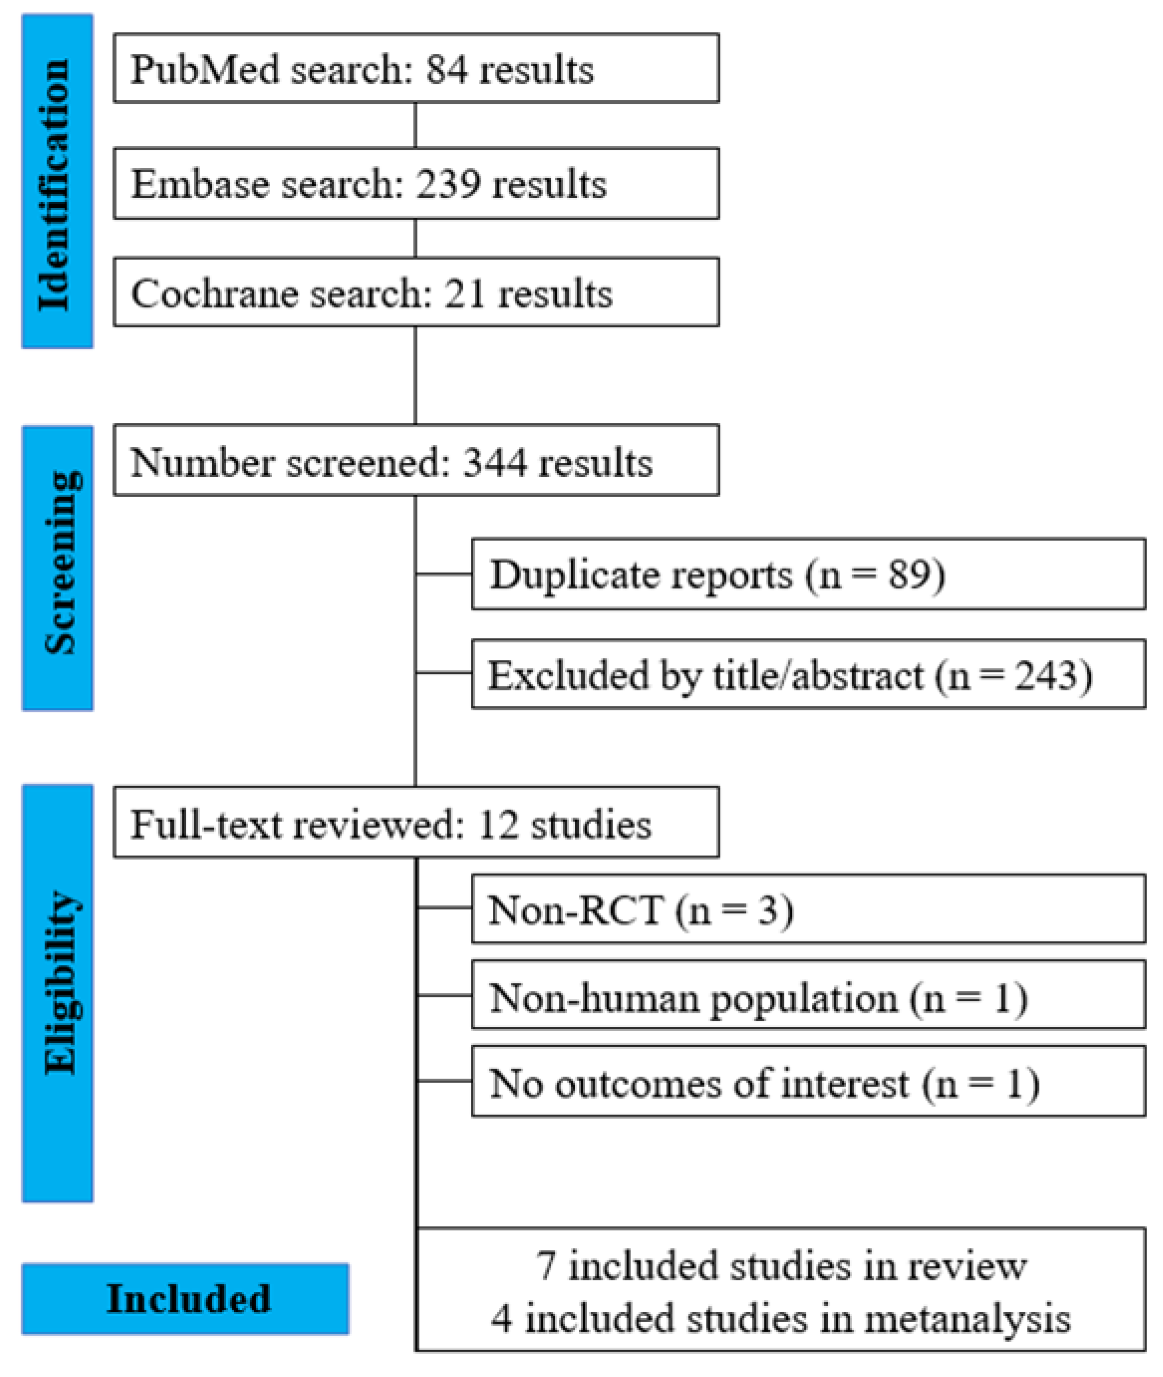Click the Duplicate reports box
[808, 574]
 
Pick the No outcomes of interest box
[808, 1085]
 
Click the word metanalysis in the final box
[967, 1320]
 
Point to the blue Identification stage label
[57, 181]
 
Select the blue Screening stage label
[57, 568]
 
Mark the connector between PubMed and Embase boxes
[415, 126]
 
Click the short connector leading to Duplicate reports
[444, 574]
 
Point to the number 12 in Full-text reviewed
[498, 825]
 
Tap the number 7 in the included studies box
[545, 1267]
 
